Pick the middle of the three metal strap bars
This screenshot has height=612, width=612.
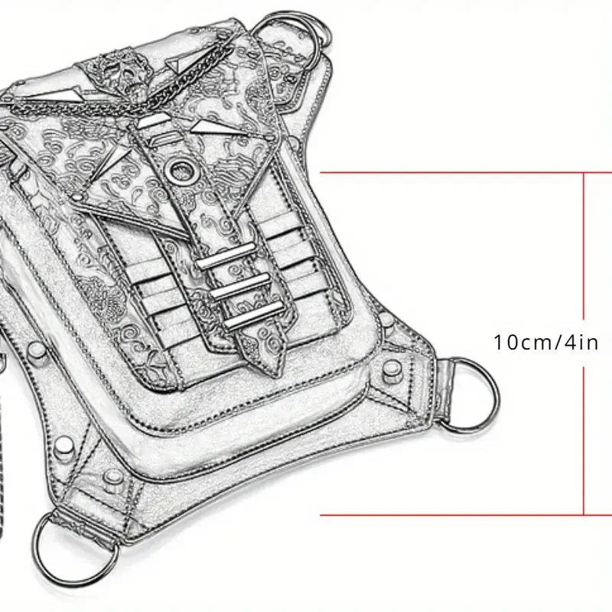pos(242,286)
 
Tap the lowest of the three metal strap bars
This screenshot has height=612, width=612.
pos(254,315)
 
